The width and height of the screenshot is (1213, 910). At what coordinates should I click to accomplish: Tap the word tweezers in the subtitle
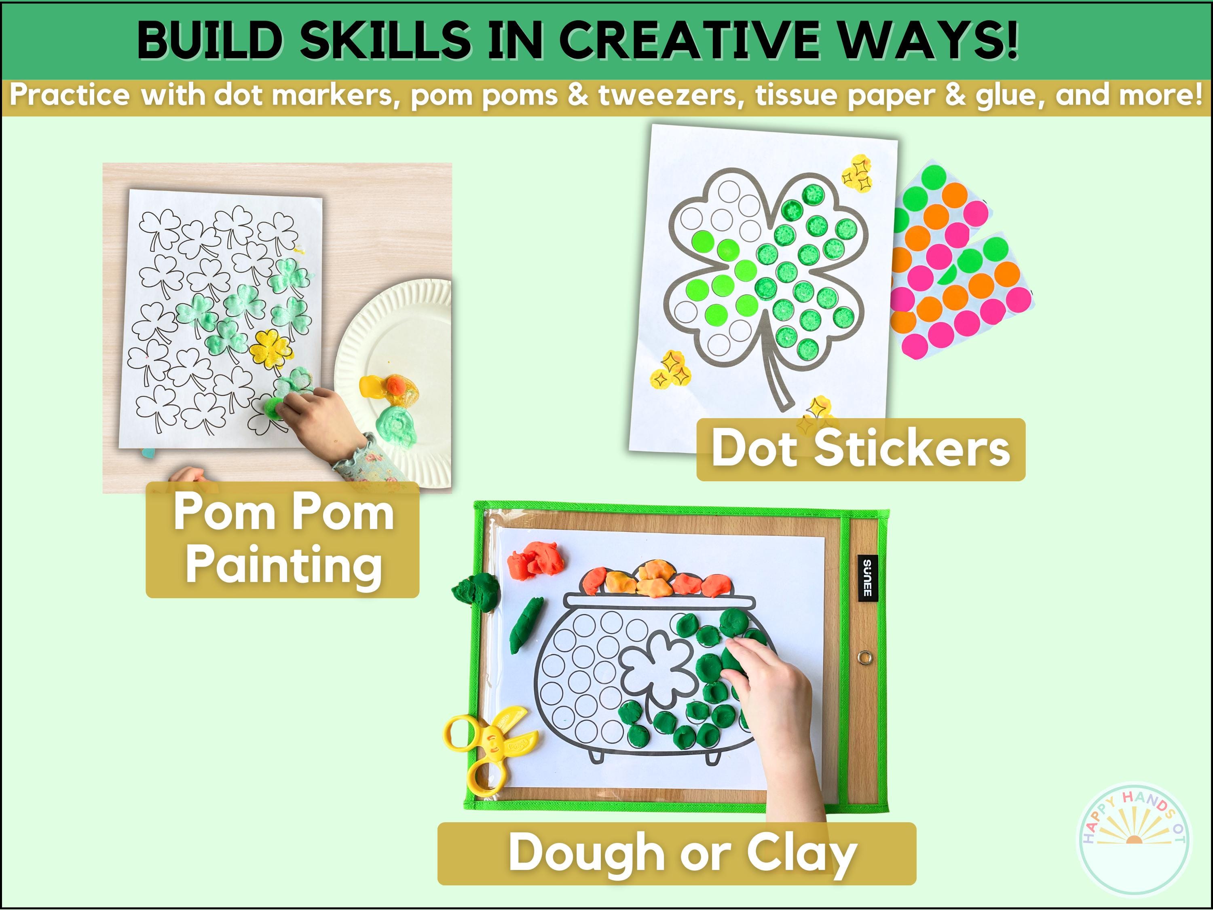tap(671, 95)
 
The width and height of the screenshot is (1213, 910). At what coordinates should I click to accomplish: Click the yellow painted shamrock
tap(270, 349)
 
